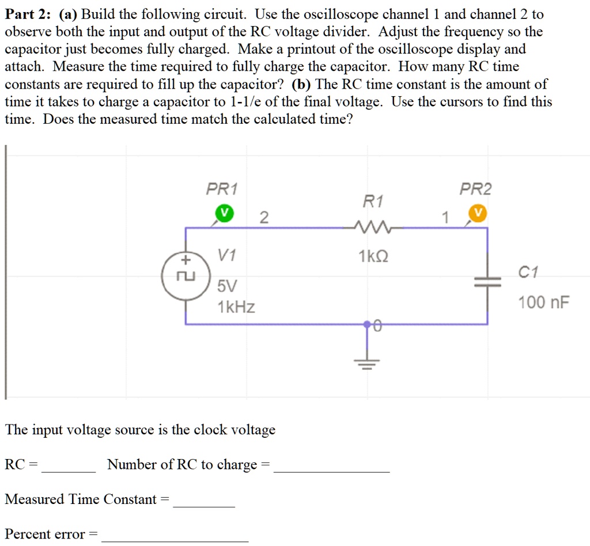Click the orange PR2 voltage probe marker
477,213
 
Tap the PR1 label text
222,189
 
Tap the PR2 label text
476,189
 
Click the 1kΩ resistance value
373,257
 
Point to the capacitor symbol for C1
488,280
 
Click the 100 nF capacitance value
543,302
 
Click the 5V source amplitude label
227,286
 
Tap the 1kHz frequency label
236,308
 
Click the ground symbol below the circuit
366,358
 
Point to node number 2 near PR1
263,217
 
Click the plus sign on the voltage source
186,259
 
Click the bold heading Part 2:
29,14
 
